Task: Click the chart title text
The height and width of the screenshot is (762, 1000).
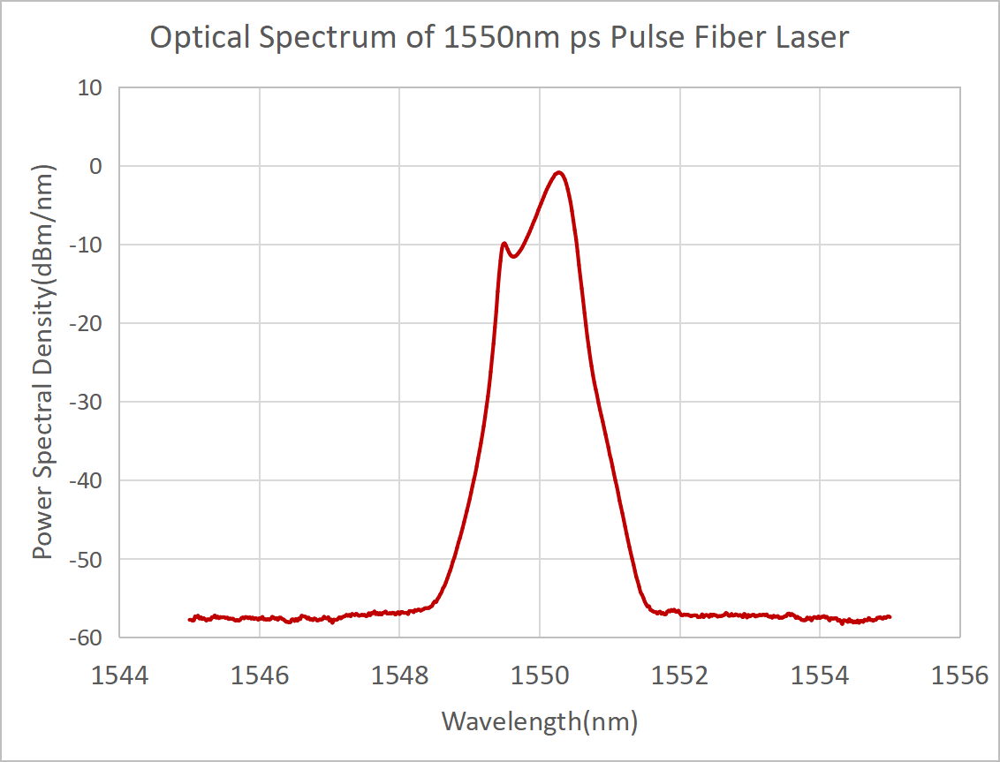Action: point(499,38)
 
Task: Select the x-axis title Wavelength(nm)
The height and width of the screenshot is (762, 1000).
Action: point(539,721)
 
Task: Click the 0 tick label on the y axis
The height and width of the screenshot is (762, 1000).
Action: point(97,166)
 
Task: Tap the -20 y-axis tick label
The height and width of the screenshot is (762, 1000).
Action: point(89,323)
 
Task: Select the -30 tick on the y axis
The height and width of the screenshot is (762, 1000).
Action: point(89,402)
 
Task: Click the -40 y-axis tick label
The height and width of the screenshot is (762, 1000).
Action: point(89,480)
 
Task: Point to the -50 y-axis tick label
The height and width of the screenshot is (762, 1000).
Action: point(89,559)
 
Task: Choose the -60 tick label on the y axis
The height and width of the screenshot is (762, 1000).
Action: point(89,638)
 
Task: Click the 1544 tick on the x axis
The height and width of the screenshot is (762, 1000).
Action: point(119,676)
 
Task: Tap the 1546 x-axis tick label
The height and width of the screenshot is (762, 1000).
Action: point(260,676)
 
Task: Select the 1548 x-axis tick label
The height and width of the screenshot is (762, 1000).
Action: point(399,676)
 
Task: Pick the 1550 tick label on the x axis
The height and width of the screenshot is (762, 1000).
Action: point(540,676)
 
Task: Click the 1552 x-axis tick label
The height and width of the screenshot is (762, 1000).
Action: point(680,676)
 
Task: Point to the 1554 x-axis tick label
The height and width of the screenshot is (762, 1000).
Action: point(820,676)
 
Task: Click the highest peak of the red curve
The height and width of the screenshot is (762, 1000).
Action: point(559,172)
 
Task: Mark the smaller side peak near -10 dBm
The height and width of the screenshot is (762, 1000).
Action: point(504,243)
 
